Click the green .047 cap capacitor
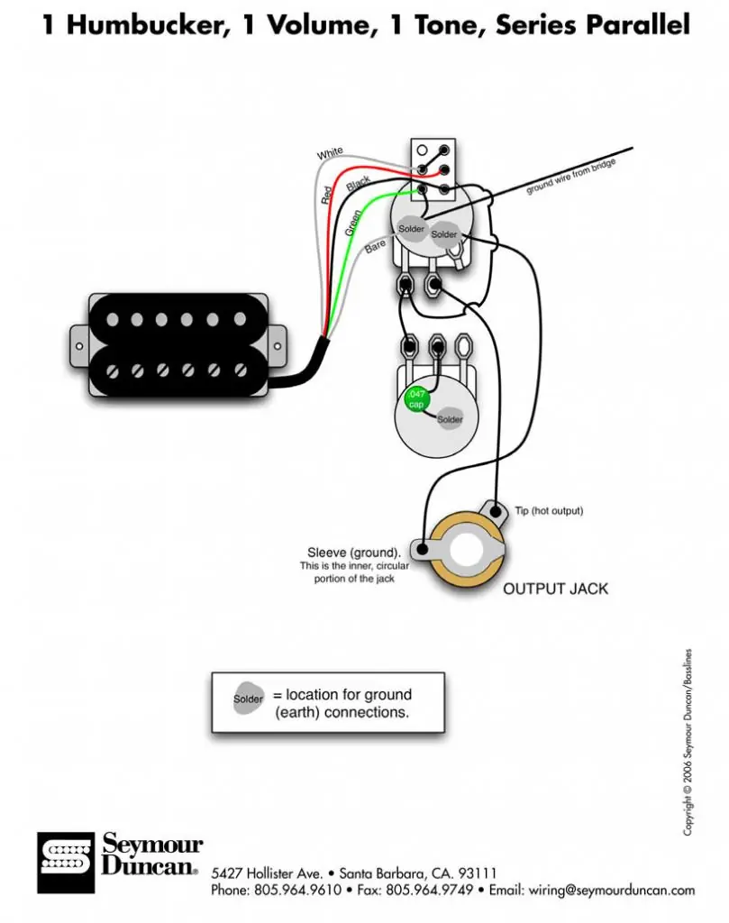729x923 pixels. (x=416, y=399)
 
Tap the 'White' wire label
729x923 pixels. (x=330, y=153)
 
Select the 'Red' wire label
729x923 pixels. (x=326, y=195)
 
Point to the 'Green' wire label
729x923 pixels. (x=353, y=224)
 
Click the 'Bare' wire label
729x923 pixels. (x=375, y=246)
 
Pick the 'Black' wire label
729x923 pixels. (x=359, y=184)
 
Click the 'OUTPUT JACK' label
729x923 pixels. (x=555, y=589)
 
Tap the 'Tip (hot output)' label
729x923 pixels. (x=549, y=510)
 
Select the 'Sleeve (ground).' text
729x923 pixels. (x=353, y=553)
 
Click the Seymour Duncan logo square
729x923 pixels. (x=65, y=863)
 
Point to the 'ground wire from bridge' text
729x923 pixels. (x=570, y=176)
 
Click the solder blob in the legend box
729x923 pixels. (x=248, y=699)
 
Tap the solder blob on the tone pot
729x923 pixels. (x=451, y=419)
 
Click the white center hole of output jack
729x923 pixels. (x=467, y=551)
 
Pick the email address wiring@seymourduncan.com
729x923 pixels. (x=611, y=890)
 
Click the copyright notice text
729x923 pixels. (x=688, y=742)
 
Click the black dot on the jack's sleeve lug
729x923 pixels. (x=422, y=549)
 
